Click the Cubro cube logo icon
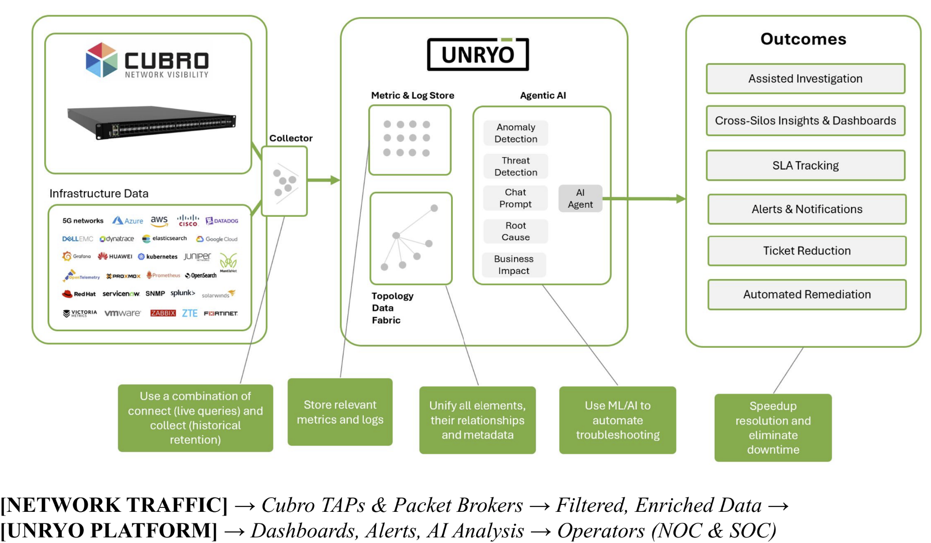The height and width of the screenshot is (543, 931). pyautogui.click(x=101, y=60)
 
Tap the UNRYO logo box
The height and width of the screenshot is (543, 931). pyautogui.click(x=478, y=54)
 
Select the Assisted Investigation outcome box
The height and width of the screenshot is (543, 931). pyautogui.click(x=805, y=79)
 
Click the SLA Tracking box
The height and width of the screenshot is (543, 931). pyautogui.click(x=805, y=166)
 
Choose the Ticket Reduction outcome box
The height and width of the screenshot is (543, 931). pyautogui.click(x=807, y=251)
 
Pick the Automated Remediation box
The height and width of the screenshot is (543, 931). pyautogui.click(x=807, y=295)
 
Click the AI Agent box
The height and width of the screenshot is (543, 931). pyautogui.click(x=580, y=199)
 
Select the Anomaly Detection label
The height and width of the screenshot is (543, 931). pyautogui.click(x=516, y=133)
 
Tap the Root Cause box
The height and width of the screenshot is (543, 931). pyautogui.click(x=516, y=231)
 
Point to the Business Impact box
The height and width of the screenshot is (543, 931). pyautogui.click(x=514, y=265)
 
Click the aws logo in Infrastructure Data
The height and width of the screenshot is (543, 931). pyautogui.click(x=159, y=220)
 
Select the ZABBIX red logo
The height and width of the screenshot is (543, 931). pyautogui.click(x=163, y=313)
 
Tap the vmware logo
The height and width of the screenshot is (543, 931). pyautogui.click(x=122, y=313)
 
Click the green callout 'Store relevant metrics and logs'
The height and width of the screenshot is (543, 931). pyautogui.click(x=340, y=412)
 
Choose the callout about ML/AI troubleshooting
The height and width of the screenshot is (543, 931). pyautogui.click(x=617, y=420)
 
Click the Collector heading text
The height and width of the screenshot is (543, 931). pyautogui.click(x=291, y=138)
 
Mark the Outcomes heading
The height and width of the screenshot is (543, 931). pyautogui.click(x=803, y=39)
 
